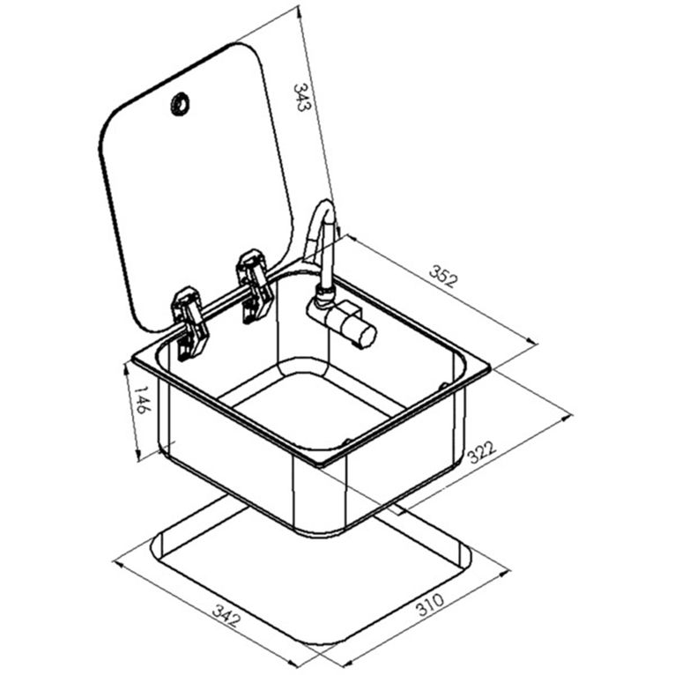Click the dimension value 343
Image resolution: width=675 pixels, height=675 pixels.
[x=301, y=97]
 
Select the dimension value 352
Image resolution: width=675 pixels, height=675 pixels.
[x=443, y=277]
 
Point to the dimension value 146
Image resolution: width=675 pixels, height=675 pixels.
[x=142, y=400]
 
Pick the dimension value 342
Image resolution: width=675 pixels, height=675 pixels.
[x=226, y=616]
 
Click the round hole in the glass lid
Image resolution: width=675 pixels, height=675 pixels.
[x=180, y=104]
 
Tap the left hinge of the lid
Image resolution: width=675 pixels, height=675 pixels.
[x=189, y=324]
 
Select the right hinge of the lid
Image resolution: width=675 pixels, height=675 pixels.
[x=255, y=286]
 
